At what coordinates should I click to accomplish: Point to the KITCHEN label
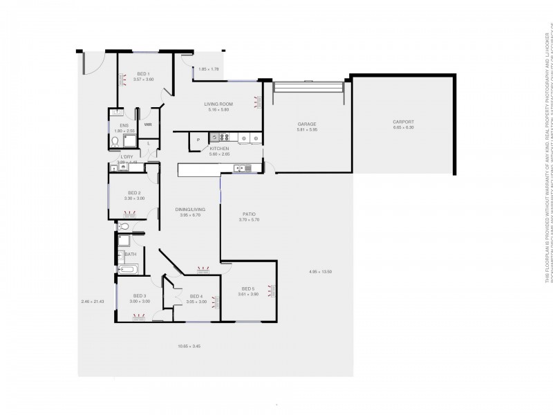(219, 149)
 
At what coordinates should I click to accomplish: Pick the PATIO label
(249, 214)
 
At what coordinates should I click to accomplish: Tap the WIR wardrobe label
(148, 124)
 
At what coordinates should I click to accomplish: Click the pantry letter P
(198, 140)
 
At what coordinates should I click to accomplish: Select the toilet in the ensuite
(115, 142)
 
